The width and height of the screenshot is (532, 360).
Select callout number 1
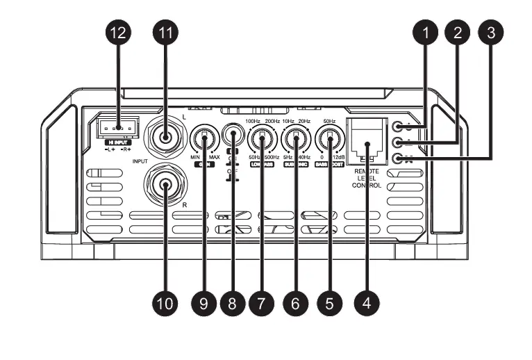426,33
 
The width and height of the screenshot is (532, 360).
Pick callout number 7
262,304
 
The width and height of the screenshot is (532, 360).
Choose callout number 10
165,304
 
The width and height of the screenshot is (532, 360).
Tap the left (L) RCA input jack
165,137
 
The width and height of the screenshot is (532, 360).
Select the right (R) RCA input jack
166,185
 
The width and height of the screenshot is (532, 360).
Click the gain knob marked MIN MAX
205,139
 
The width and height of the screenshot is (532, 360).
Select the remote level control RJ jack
367,138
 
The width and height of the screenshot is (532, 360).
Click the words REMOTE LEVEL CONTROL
367,178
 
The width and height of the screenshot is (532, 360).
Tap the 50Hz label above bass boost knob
329,122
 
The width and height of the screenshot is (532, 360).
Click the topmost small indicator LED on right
398,127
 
